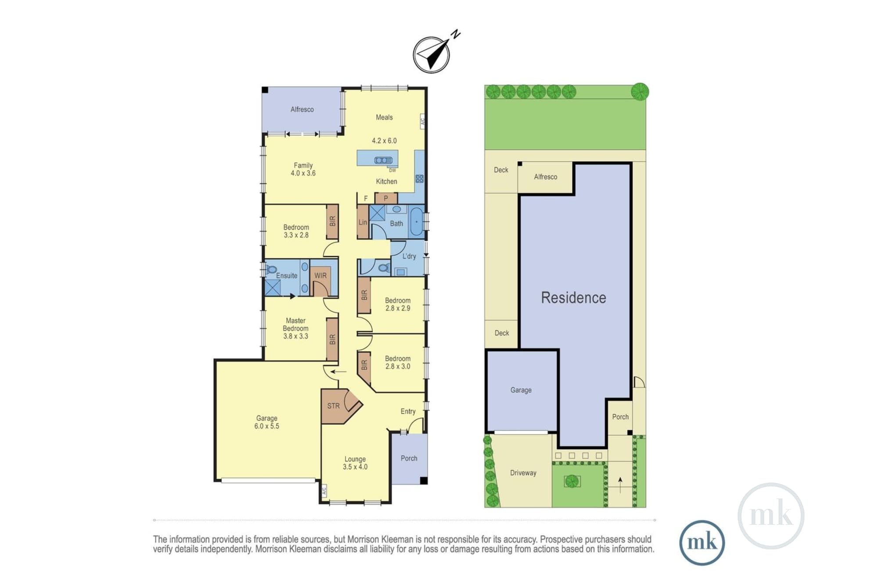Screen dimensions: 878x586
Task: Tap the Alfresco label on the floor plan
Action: (302, 109)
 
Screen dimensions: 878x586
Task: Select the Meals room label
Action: (384, 117)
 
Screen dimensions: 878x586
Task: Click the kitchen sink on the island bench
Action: (383, 160)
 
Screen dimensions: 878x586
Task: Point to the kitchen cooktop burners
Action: (419, 179)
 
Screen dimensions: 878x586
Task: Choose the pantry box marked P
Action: (386, 198)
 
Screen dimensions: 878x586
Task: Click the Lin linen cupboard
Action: (363, 222)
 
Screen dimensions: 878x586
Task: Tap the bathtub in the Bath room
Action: (416, 222)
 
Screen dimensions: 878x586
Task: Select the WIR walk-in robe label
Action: (320, 275)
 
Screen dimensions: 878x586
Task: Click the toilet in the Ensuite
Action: (271, 269)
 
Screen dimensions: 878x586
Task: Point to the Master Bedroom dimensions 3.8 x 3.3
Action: (295, 336)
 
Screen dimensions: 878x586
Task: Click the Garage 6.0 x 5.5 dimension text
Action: (267, 426)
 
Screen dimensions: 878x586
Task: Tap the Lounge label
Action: (355, 459)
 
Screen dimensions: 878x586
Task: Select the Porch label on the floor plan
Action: (409, 458)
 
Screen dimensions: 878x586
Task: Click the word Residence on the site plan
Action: (573, 297)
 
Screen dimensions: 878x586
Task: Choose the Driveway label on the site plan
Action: (523, 473)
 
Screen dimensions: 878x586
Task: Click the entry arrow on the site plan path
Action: (620, 485)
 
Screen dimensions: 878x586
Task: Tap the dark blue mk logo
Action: (702, 543)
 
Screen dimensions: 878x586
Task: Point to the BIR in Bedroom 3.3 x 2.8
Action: (332, 221)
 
